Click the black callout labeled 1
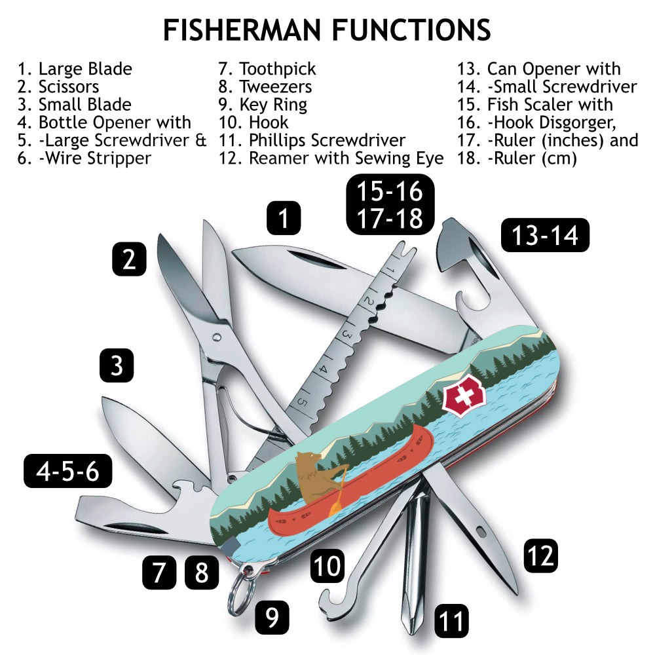(x=283, y=217)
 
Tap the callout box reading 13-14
(x=545, y=235)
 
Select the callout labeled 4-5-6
(x=67, y=471)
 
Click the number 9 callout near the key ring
(x=272, y=616)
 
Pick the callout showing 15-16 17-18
(x=390, y=204)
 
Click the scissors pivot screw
(x=217, y=337)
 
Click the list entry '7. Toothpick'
(x=267, y=69)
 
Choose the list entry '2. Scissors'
(x=59, y=86)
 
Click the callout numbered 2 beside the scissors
(x=129, y=259)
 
